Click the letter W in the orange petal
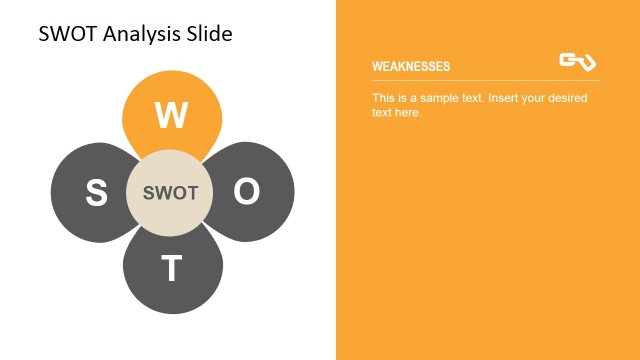pos(171,116)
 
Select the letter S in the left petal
pos(97,193)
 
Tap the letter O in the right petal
pos(246,192)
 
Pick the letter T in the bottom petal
pos(172,268)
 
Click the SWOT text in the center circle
pos(171,193)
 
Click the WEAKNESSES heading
pos(411,67)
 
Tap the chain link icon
pos(577,62)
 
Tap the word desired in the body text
pos(567,98)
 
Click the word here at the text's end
pos(408,112)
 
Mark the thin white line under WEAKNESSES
pos(485,80)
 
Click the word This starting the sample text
pos(384,98)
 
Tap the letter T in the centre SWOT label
pos(194,193)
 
